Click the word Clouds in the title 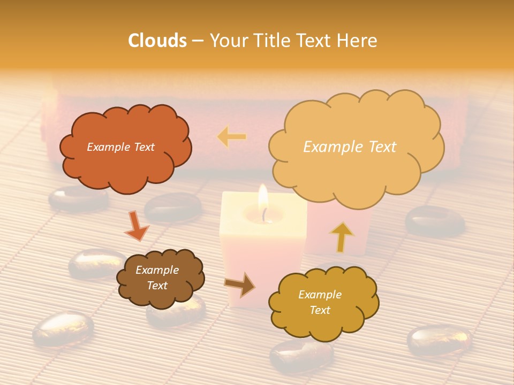click(x=157, y=41)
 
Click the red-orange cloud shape click(x=125, y=160)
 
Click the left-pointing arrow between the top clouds click(x=232, y=137)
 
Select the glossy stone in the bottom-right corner click(x=439, y=340)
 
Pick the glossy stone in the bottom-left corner click(x=63, y=327)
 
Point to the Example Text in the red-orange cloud click(x=120, y=147)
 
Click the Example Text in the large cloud click(x=350, y=147)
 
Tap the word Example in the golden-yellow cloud click(x=320, y=295)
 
